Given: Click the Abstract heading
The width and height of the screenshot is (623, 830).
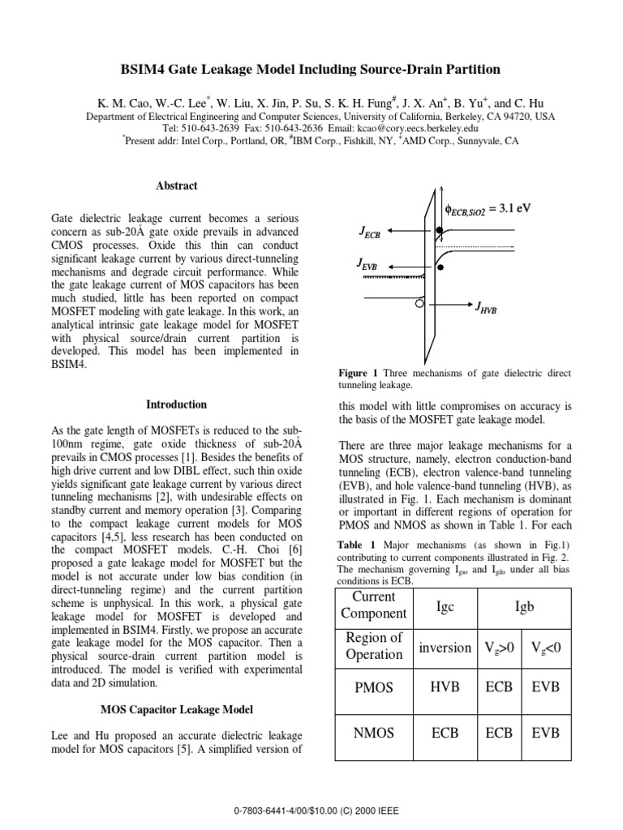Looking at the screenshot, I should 176,186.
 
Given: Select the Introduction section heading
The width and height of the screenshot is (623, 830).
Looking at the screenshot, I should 176,404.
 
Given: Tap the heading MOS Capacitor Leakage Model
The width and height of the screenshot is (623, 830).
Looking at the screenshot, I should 176,709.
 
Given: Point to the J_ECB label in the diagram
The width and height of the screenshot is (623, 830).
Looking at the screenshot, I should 370,233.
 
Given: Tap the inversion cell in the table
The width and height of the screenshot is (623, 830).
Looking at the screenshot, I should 445,647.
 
